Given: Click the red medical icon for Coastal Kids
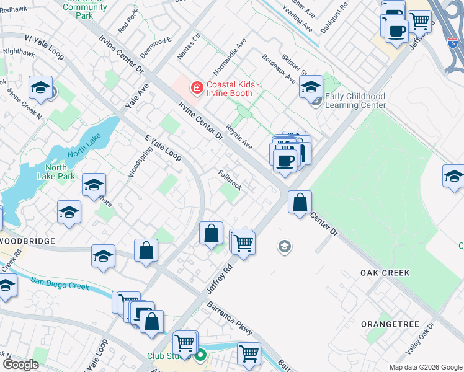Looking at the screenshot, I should pos(197,89).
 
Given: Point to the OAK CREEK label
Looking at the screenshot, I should pos(385,273).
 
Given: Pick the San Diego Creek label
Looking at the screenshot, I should pos(60,283).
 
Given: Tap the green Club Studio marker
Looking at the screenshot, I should pos(200,356).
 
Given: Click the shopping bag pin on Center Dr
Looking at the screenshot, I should pos(300,202).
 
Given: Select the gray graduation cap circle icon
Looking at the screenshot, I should pos(285,247).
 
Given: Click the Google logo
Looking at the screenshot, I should pos(20,365).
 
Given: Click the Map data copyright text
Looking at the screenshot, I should pos(426,367).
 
